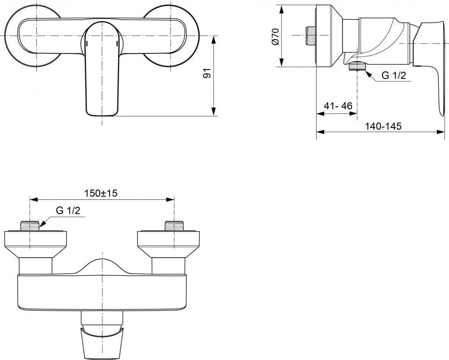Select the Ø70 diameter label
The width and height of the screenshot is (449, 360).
tap(276, 36)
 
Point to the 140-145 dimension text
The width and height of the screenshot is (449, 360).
tap(383, 126)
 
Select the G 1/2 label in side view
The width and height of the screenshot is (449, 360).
tap(393, 75)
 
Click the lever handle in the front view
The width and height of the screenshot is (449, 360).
tap(101, 76)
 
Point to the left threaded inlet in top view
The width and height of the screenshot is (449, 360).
tap(30, 226)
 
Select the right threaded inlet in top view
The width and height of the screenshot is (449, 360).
tap(174, 226)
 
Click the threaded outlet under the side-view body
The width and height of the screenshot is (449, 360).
tap(357, 67)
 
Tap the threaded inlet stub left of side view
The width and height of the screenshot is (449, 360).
tap(309, 35)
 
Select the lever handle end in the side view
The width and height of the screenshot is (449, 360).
tap(428, 54)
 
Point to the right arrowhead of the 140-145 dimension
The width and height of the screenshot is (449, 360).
tap(441, 132)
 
